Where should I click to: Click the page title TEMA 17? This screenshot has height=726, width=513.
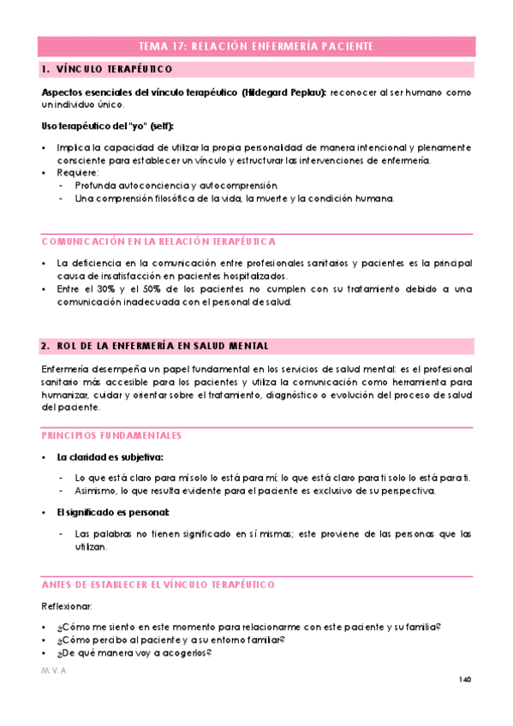(x=256, y=46)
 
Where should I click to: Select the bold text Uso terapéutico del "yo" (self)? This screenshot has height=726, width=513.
(x=98, y=126)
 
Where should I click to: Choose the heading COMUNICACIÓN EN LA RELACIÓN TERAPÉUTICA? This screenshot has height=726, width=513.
(x=158, y=241)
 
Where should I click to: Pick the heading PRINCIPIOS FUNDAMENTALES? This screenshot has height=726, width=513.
(x=111, y=435)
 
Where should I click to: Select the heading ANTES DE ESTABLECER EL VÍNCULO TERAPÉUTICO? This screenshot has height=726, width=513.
(x=158, y=584)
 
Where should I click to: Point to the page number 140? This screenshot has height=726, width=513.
(x=465, y=680)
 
